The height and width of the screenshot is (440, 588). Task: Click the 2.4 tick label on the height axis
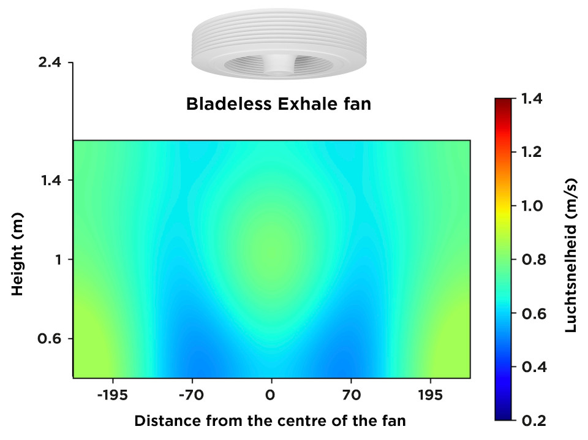click(50, 62)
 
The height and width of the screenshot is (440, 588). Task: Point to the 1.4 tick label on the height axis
click(50, 180)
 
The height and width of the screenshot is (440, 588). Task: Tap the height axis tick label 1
click(58, 260)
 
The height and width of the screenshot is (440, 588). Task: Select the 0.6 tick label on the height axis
click(50, 339)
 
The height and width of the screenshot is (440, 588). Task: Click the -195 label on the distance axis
click(113, 395)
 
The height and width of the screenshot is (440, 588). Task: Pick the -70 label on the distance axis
click(192, 395)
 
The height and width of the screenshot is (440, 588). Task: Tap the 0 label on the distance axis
click(270, 395)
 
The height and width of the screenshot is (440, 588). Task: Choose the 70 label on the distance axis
click(352, 395)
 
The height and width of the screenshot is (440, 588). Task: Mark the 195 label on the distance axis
click(431, 395)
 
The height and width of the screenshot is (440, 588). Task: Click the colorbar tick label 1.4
click(532, 99)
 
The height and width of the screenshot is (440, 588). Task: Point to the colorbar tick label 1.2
click(532, 153)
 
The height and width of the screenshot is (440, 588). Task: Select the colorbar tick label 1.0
click(532, 206)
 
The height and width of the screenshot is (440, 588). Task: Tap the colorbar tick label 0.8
click(533, 260)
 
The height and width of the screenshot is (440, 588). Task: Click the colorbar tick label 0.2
click(533, 420)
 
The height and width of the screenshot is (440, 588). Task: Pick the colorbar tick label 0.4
click(533, 367)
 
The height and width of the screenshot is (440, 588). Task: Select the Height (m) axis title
click(17, 254)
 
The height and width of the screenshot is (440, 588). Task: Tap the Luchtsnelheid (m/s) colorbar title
click(571, 256)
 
